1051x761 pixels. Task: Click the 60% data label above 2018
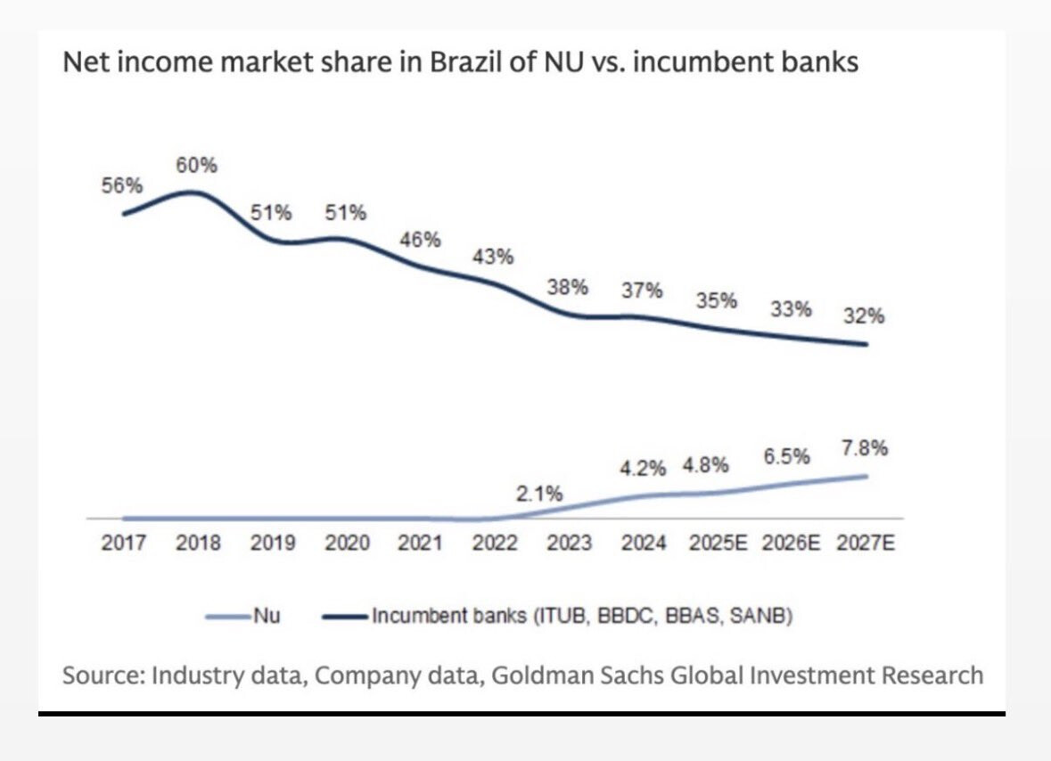point(196,166)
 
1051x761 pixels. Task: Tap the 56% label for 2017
point(122,185)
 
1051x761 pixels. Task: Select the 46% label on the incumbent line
point(419,239)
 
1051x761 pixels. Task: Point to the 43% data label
point(492,257)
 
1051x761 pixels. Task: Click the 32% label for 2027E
point(865,315)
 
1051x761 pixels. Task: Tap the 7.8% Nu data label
point(865,448)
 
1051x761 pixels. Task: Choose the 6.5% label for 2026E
point(787,456)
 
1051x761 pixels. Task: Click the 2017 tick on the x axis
point(123,544)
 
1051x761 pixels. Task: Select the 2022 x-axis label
point(494,544)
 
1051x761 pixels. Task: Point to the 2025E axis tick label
point(718,544)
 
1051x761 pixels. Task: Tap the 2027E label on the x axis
point(865,544)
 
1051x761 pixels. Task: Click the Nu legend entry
point(244,615)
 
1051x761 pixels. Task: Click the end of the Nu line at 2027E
point(866,476)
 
